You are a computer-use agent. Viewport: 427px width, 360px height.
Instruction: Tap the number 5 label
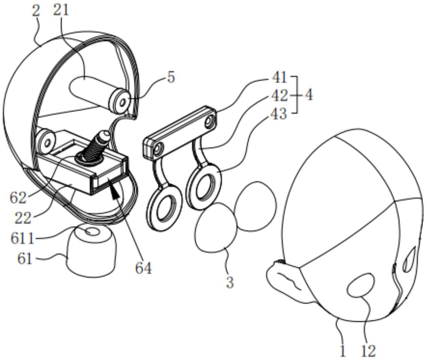pos(171,77)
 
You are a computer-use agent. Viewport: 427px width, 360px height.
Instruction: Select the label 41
pos(279,78)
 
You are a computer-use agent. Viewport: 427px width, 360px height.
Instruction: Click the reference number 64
pos(143,268)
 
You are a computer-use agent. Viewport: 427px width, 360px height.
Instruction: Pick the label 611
pos(23,238)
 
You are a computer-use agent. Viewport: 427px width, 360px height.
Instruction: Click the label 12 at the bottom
pos(368,351)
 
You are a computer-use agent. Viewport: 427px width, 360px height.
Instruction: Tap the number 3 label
pos(230,282)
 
